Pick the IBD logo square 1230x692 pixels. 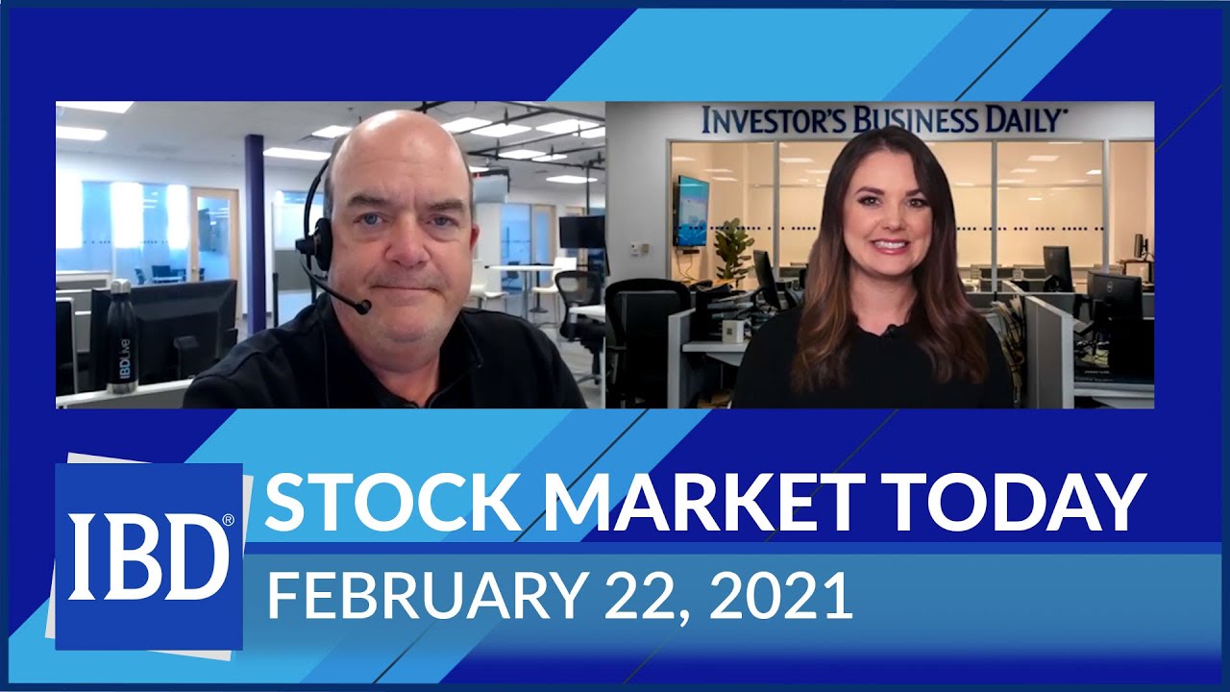point(149,556)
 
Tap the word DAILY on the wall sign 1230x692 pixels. point(1020,120)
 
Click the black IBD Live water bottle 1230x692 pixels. point(120,336)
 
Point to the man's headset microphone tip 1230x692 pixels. point(362,308)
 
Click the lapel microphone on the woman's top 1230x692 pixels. point(892,332)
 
